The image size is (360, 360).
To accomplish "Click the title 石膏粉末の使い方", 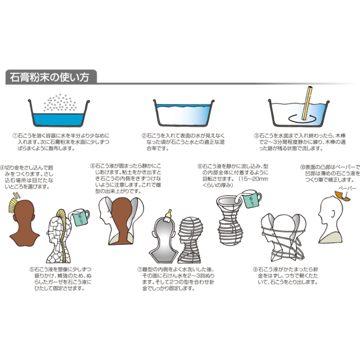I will (47, 78).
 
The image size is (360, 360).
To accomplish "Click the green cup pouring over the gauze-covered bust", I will (81, 217).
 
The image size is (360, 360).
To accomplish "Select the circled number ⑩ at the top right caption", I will (302, 167).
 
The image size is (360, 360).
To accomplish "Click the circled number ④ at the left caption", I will (3, 167).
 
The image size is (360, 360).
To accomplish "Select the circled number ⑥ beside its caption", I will (93, 166).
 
